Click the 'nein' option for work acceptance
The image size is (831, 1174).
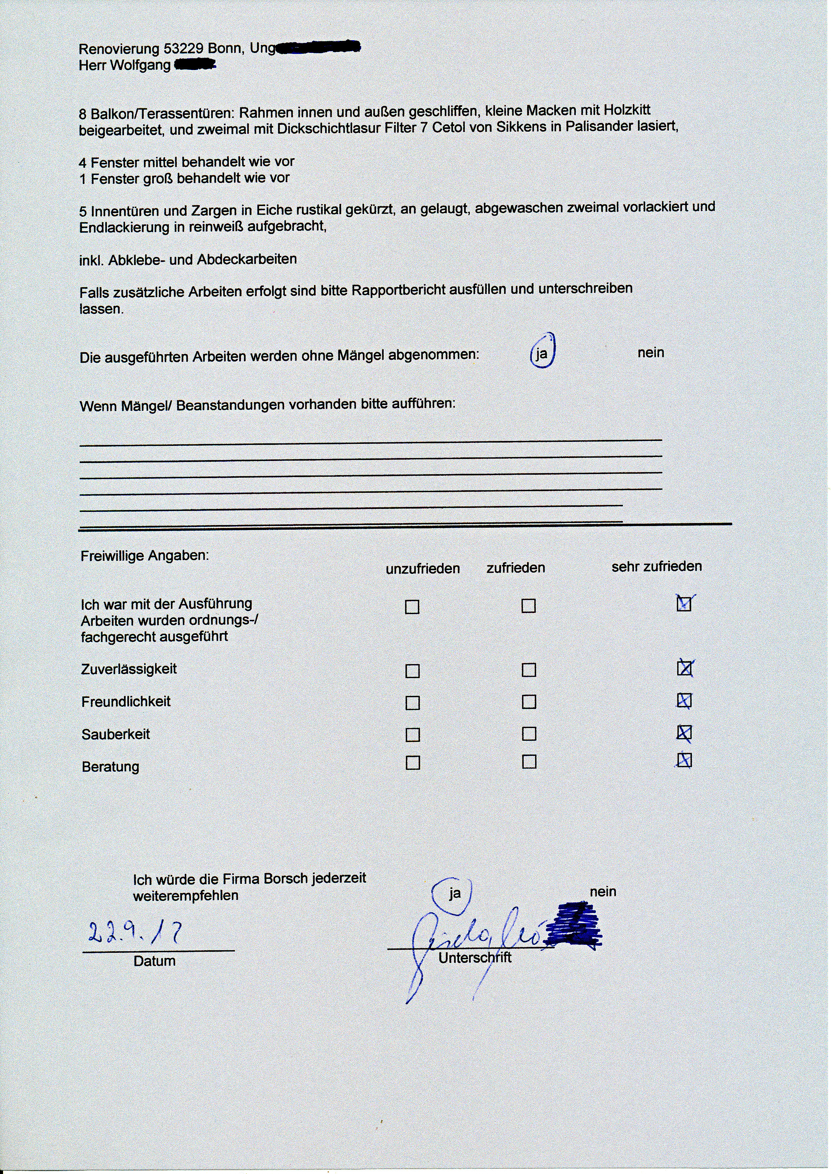click(650, 353)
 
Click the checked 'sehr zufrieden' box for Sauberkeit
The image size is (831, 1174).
click(684, 733)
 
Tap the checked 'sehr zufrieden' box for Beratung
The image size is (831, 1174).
click(684, 761)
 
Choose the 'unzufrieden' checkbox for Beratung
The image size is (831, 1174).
click(412, 763)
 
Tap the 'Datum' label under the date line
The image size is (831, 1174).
click(154, 961)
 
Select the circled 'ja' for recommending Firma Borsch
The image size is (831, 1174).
click(454, 893)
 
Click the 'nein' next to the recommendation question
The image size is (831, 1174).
click(603, 892)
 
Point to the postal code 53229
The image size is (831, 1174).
click(184, 49)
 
